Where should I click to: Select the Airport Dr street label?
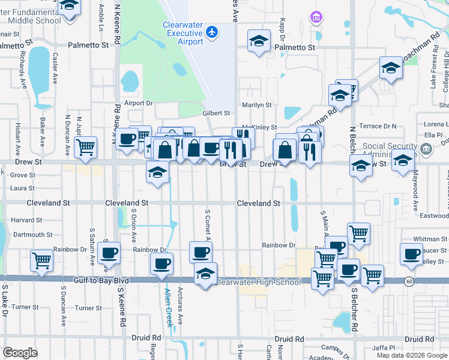click(139, 103)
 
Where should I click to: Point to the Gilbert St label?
click(216, 113)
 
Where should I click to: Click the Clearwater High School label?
click(258, 282)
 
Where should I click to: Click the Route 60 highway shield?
click(409, 280)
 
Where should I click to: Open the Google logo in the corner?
click(20, 352)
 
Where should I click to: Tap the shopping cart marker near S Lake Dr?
click(41, 260)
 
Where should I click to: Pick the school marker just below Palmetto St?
click(259, 41)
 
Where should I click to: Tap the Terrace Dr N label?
click(378, 127)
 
